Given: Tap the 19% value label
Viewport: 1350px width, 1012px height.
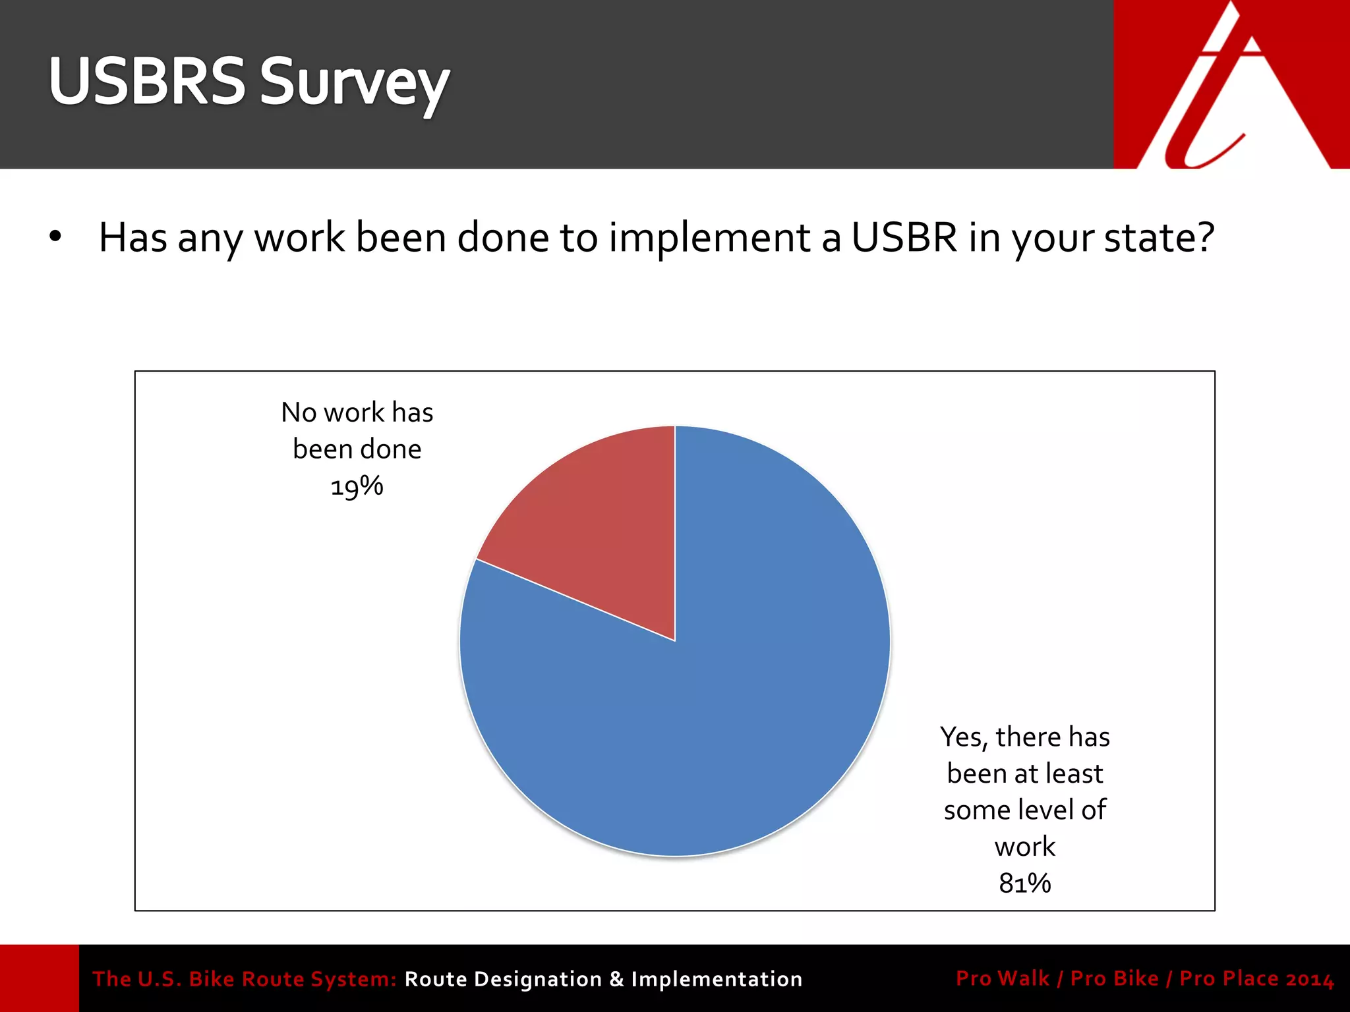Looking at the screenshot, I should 357,487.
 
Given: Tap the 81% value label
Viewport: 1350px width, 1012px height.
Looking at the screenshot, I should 1024,884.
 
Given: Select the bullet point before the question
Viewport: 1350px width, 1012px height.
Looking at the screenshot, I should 55,236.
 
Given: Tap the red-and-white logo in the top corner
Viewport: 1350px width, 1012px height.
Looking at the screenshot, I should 1231,84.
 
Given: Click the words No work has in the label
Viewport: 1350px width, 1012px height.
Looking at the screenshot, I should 357,412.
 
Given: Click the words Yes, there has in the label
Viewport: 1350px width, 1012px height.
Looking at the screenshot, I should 1024,737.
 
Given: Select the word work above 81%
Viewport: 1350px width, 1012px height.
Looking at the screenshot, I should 1024,847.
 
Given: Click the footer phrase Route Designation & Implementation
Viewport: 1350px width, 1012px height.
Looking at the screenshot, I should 603,979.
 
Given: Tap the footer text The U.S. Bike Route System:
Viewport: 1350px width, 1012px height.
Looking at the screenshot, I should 244,979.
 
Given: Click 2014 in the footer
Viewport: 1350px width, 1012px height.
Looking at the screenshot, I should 1310,979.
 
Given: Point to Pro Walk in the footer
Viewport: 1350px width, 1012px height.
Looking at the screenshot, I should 1002,978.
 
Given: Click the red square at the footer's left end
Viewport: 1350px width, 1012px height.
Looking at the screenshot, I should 39,978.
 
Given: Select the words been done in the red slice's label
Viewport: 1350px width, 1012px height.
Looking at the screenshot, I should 357,449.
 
